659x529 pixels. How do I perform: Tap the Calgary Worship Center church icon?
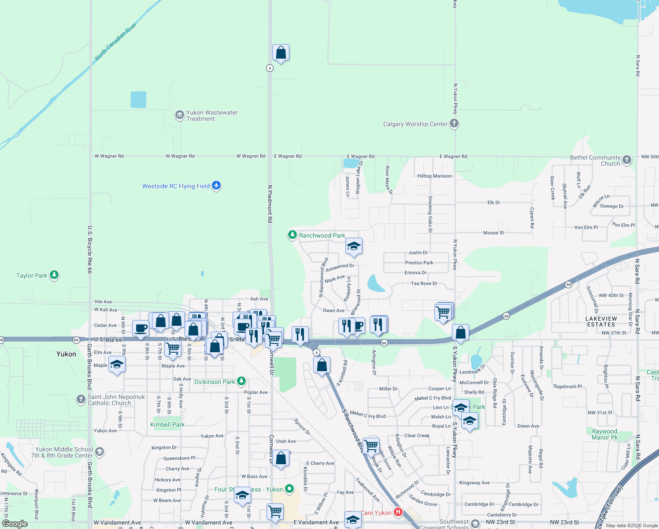pyautogui.click(x=454, y=124)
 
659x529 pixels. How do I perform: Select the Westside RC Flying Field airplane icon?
pyautogui.click(x=216, y=186)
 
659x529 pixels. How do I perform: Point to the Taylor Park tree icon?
pyautogui.click(x=54, y=275)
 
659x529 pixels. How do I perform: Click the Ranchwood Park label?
pyautogui.click(x=322, y=235)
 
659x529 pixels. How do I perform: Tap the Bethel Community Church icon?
pyautogui.click(x=627, y=160)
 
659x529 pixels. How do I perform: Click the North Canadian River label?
pyautogui.click(x=116, y=42)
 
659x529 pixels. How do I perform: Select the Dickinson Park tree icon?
pyautogui.click(x=241, y=381)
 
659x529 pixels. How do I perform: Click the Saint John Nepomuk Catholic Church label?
pyautogui.click(x=116, y=400)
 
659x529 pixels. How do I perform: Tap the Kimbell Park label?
pyautogui.click(x=167, y=425)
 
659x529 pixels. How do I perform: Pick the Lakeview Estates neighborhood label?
pyautogui.click(x=601, y=321)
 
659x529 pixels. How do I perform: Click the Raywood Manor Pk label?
pyautogui.click(x=604, y=434)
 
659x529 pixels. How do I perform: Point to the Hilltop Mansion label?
pyautogui.click(x=434, y=176)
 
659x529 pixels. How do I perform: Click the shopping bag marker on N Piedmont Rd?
pyautogui.click(x=281, y=53)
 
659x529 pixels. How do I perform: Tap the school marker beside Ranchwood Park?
pyautogui.click(x=354, y=246)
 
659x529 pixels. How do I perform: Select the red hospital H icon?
pyautogui.click(x=398, y=512)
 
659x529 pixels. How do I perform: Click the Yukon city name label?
pyautogui.click(x=66, y=354)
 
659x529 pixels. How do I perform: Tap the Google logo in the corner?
pyautogui.click(x=15, y=524)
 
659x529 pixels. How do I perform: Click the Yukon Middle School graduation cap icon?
pyautogui.click(x=100, y=451)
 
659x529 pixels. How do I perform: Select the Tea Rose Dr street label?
pyautogui.click(x=424, y=283)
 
